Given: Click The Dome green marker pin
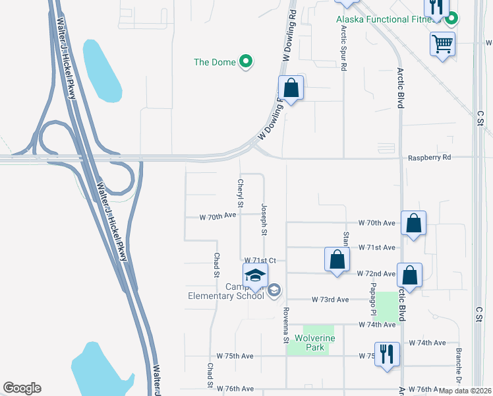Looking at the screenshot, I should [x=246, y=62].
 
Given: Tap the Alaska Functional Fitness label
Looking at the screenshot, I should [x=382, y=19].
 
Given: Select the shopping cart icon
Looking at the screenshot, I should [x=442, y=44].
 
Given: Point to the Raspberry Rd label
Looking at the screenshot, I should [x=429, y=158].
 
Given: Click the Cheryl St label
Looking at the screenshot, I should [x=241, y=193].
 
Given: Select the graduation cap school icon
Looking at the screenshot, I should [x=254, y=277].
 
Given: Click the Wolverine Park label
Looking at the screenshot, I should [x=315, y=343].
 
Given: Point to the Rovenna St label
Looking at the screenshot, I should [x=286, y=325].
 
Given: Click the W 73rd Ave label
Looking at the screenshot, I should [x=330, y=299].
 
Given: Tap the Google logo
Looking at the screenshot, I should [x=22, y=388].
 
